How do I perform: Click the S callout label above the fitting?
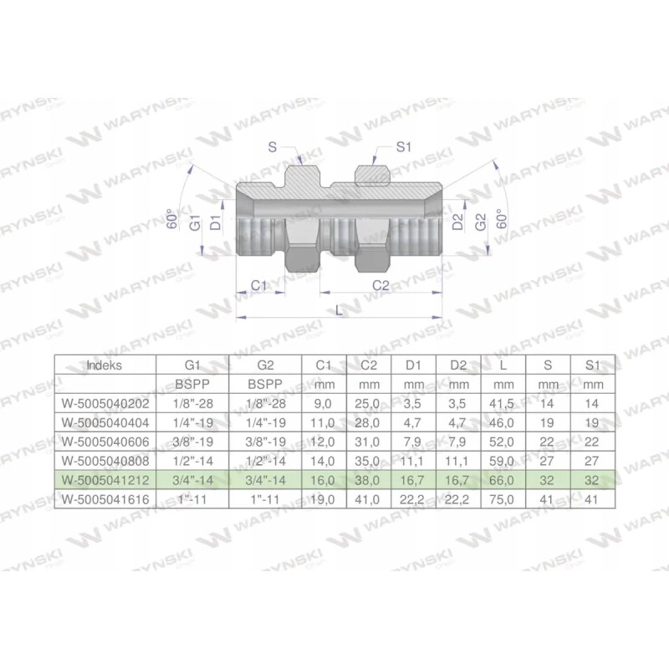point(273,147)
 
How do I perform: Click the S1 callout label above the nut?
point(404,147)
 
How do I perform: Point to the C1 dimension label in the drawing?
point(260,285)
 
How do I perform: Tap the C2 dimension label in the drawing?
point(381,285)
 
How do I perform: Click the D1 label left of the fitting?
point(215,222)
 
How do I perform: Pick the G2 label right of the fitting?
point(480,222)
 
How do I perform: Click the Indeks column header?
point(105,365)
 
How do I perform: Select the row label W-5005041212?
point(105,480)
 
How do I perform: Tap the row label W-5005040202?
point(105,403)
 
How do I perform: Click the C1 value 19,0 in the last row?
point(323,499)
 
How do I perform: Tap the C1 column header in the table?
point(323,365)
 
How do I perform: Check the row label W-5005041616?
point(105,499)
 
